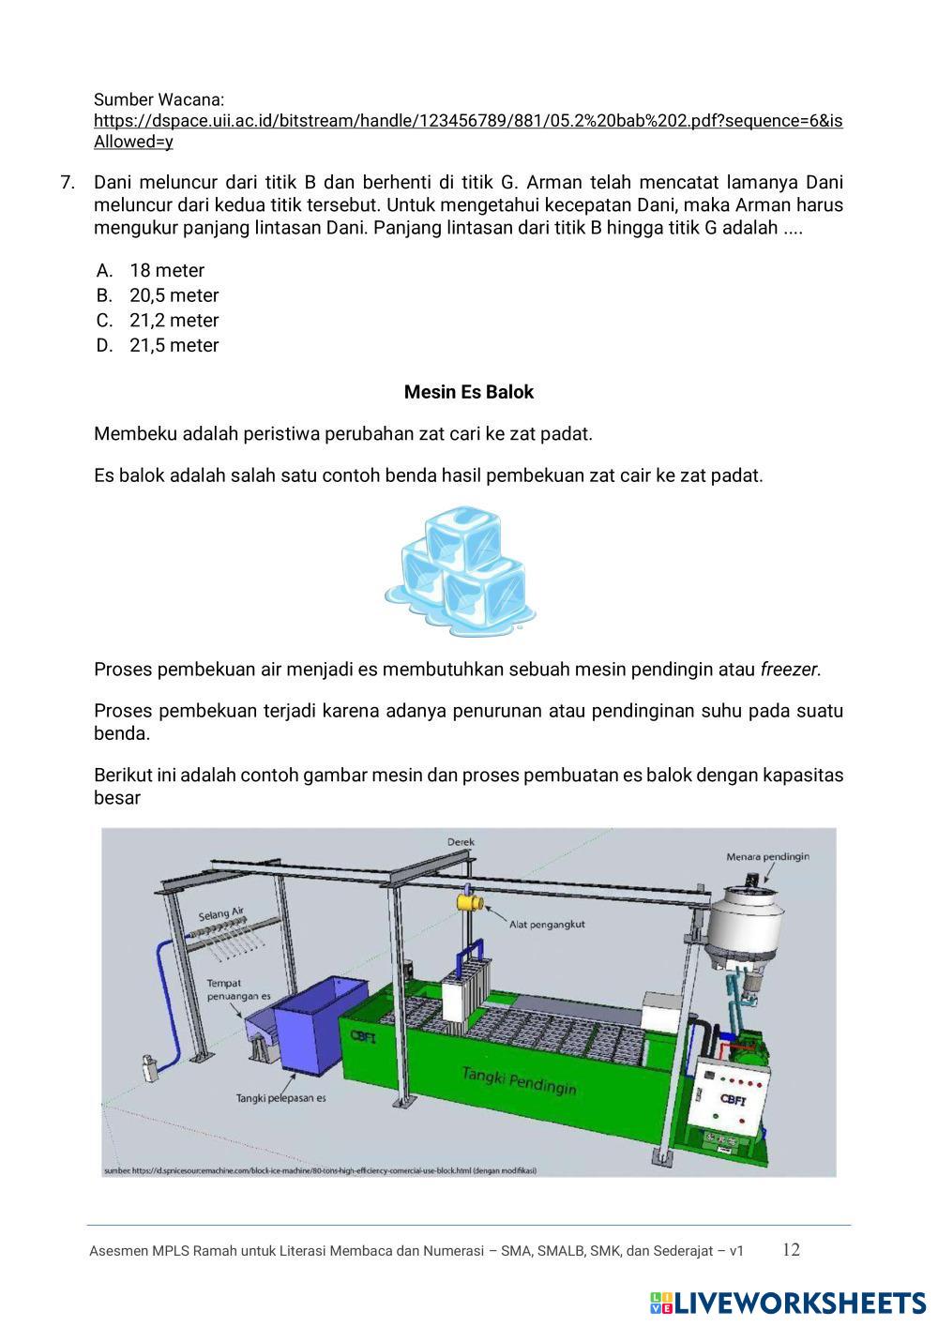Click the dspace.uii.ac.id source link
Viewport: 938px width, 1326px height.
[x=467, y=121]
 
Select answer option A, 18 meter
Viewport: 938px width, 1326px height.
[x=166, y=271]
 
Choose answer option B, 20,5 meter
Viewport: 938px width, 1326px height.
[x=174, y=295]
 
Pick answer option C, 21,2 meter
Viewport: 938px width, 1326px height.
[x=174, y=321]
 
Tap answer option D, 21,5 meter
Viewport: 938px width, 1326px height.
[x=174, y=345]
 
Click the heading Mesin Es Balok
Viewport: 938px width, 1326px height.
[x=468, y=392]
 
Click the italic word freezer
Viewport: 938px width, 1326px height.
[x=790, y=670]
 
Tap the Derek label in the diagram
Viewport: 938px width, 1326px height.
[x=461, y=842]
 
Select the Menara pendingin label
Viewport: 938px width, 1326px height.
[x=767, y=856]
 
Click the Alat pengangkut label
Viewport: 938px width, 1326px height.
[x=547, y=924]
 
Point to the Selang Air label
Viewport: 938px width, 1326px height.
[x=221, y=913]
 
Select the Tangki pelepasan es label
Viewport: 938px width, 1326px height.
[x=280, y=1098]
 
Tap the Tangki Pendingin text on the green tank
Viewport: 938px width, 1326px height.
[x=519, y=1079]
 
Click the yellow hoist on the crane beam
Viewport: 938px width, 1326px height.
[x=468, y=901]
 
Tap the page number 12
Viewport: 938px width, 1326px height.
[x=791, y=1250]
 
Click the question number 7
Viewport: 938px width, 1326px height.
[x=68, y=183]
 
